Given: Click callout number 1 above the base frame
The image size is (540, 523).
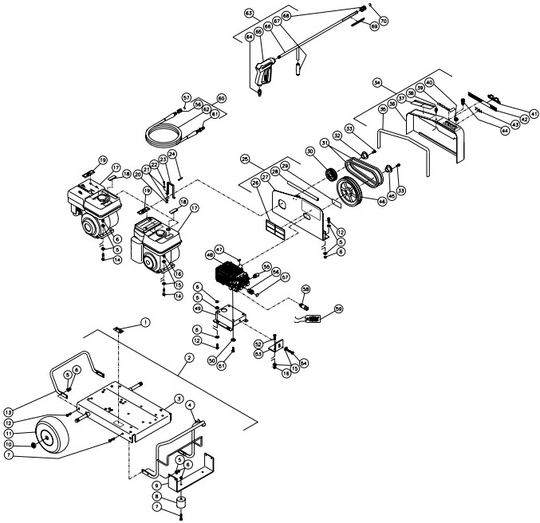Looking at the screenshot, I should (x=146, y=322).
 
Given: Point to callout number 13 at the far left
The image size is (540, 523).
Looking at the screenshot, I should (x=10, y=401).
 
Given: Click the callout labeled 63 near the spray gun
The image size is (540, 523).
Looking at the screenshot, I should (x=249, y=14).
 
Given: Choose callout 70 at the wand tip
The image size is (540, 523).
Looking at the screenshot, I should (x=384, y=20).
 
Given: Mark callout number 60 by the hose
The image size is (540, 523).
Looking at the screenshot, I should (x=222, y=97).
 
